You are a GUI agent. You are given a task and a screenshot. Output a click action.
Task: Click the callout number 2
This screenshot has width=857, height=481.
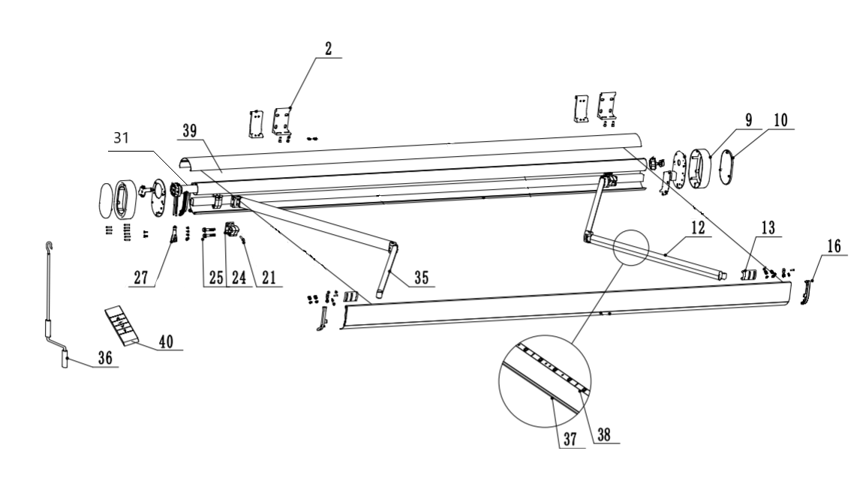tap(328, 49)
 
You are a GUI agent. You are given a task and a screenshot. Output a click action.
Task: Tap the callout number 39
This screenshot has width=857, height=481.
tap(190, 131)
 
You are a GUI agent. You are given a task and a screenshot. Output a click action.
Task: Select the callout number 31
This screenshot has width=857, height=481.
tap(121, 137)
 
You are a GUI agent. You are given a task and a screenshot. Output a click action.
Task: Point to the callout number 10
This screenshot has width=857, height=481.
tap(781, 120)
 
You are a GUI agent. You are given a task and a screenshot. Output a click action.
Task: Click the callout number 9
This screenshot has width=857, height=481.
tap(748, 120)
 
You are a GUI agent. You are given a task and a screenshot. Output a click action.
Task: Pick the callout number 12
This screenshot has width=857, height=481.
tap(698, 227)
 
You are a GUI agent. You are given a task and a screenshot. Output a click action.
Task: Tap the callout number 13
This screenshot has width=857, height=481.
tap(768, 227)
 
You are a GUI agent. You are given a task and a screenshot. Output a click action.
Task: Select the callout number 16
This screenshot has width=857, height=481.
tap(834, 246)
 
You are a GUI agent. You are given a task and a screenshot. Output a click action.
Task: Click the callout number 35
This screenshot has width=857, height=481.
tap(422, 277)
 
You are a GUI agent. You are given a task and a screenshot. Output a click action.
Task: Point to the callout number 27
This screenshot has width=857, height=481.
tap(141, 278)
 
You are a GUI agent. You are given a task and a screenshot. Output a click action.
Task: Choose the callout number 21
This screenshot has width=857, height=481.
tap(269, 278)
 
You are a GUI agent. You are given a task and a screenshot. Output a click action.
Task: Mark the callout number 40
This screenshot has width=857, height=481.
tap(166, 341)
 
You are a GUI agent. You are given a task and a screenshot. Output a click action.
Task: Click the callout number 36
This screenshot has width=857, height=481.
tap(105, 358)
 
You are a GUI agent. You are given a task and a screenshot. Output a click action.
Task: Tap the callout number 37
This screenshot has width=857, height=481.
tap(570, 439)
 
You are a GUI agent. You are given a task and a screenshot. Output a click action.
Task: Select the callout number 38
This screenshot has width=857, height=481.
tap(604, 434)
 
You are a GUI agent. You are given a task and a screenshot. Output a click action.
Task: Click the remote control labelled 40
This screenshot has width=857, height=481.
tap(122, 326)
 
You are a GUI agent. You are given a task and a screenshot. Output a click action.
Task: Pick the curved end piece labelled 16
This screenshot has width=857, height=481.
tap(806, 292)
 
